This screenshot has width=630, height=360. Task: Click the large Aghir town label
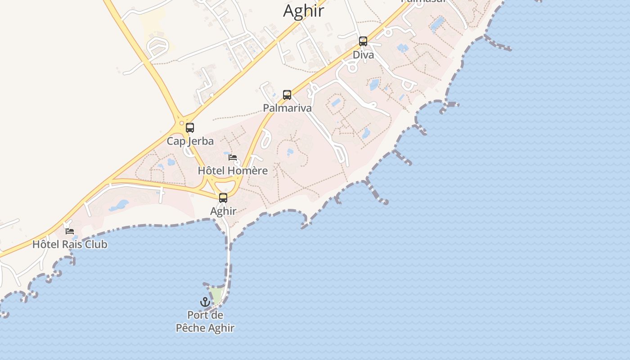click(x=303, y=11)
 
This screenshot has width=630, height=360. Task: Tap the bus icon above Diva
click(x=363, y=41)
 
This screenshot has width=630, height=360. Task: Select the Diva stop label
click(x=363, y=55)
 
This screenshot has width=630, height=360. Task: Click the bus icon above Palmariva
click(x=287, y=95)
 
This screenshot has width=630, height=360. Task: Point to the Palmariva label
click(x=287, y=108)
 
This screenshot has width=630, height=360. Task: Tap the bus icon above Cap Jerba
click(x=190, y=128)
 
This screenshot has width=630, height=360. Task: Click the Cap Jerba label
click(x=190, y=141)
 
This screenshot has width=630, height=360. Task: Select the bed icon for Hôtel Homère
click(x=233, y=157)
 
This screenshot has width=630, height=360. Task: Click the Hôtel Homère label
click(x=233, y=171)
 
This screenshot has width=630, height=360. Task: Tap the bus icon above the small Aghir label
click(x=223, y=198)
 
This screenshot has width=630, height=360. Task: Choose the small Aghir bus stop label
click(x=223, y=211)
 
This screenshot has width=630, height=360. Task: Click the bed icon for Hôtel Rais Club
click(x=70, y=231)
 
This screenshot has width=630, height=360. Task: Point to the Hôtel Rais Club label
click(x=70, y=245)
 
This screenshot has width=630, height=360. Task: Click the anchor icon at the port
click(x=205, y=302)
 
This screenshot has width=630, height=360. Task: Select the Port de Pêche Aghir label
click(x=205, y=322)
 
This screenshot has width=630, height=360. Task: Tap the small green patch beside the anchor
click(x=217, y=295)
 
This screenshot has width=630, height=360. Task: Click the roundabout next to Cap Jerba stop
click(x=182, y=123)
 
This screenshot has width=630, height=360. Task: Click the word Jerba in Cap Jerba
click(x=201, y=141)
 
